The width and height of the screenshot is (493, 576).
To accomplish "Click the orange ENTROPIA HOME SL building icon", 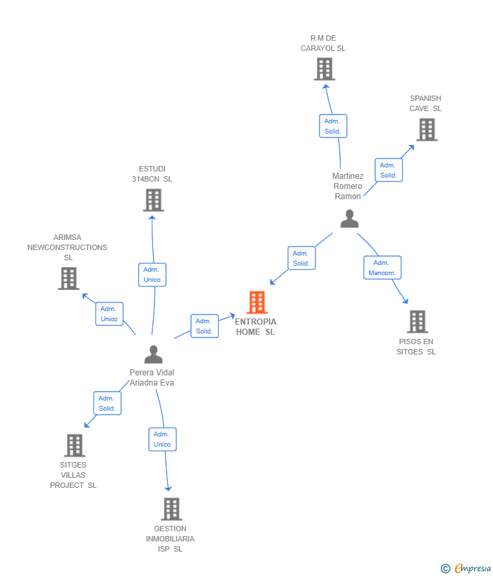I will (x=257, y=302).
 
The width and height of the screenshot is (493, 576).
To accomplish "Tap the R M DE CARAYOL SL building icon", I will (x=324, y=69).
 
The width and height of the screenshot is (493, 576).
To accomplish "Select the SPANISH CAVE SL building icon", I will (x=427, y=129).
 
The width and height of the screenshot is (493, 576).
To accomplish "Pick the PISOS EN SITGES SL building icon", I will (x=417, y=322).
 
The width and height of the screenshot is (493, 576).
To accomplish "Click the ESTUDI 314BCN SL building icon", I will (x=154, y=200).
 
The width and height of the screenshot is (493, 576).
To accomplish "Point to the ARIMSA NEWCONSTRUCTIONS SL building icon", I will (x=68, y=279).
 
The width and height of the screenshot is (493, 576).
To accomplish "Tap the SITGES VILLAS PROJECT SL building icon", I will (x=74, y=445).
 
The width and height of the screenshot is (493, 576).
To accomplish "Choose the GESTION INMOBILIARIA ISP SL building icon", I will (x=171, y=509).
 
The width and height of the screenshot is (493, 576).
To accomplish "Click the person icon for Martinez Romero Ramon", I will (x=349, y=219).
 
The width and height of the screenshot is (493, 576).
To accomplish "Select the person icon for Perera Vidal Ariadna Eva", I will (x=154, y=354).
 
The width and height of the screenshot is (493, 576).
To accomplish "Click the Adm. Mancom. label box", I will (x=382, y=268).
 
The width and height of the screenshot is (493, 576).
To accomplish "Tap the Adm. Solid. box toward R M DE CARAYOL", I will (x=333, y=126).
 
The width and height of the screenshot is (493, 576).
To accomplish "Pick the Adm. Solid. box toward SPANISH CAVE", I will (x=388, y=170).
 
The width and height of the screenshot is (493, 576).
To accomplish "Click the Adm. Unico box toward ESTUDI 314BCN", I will (x=152, y=274).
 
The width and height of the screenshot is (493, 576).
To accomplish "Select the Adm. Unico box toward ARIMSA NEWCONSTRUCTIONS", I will (x=109, y=314).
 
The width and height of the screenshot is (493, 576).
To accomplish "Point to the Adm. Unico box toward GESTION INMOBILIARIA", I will (x=162, y=439).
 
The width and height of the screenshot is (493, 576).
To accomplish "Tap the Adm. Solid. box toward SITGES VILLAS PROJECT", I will (x=107, y=403).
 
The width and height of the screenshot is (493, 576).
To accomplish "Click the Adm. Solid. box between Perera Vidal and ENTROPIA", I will (x=204, y=326).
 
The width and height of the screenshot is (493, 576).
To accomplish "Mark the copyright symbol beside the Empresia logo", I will (x=445, y=569).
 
